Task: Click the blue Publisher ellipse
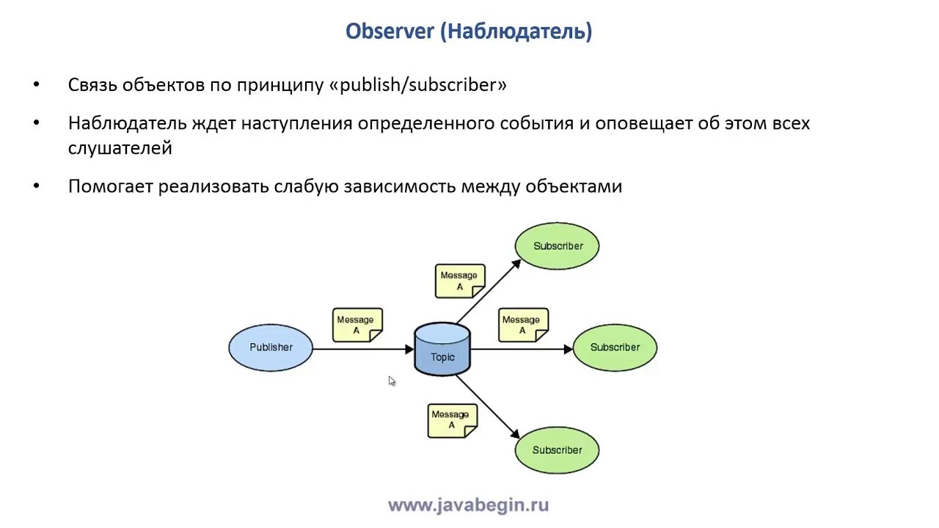point(271,348)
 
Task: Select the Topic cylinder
point(442,350)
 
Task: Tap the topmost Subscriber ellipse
point(558,246)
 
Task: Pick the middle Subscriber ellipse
point(615,348)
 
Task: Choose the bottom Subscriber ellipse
point(558,450)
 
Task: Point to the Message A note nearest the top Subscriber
point(460,281)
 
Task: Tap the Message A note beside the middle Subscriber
point(522,325)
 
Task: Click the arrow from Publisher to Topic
point(363,350)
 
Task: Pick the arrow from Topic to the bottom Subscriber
point(489,408)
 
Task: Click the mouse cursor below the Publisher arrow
point(392,381)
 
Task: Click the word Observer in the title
point(390,32)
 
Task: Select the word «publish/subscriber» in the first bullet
point(418,85)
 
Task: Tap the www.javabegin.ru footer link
point(468,505)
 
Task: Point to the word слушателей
point(120,148)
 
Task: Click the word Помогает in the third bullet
point(111,186)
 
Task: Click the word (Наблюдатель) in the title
point(516,32)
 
